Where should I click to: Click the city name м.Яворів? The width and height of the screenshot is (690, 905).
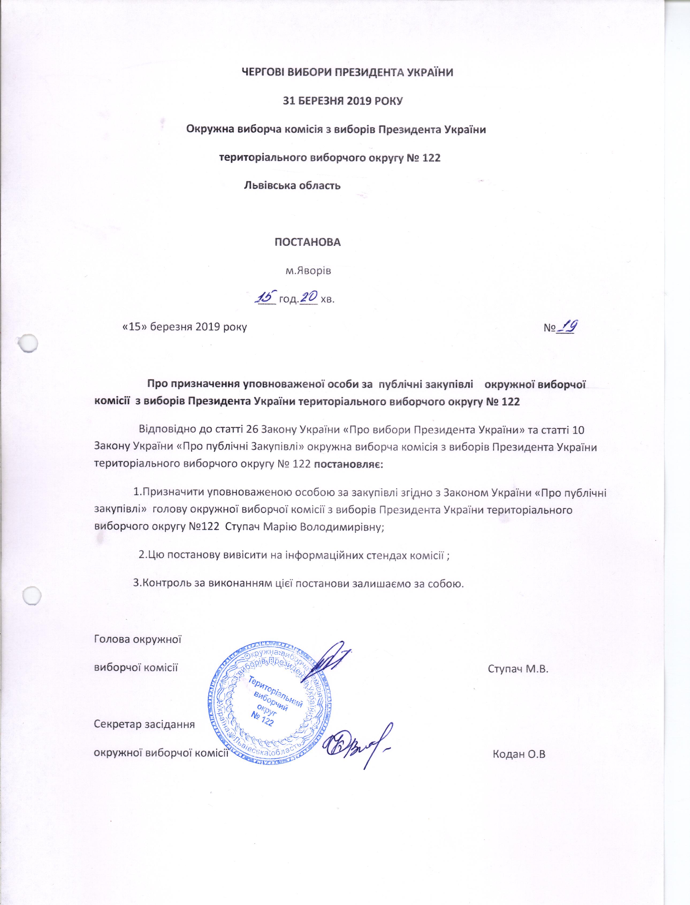click(308, 271)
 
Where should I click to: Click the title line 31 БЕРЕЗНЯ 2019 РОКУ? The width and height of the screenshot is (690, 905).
click(343, 101)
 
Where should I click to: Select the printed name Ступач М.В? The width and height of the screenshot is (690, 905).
click(518, 669)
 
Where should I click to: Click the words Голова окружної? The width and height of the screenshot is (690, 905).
click(138, 639)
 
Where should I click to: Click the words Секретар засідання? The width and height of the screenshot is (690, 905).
click(144, 724)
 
